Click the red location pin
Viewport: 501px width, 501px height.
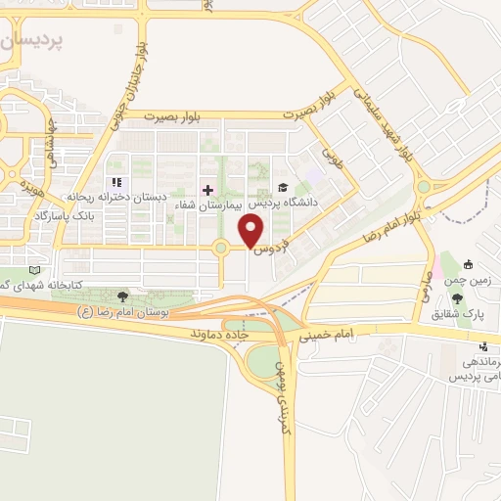click(x=251, y=232)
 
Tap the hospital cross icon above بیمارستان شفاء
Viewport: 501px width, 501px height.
click(x=207, y=189)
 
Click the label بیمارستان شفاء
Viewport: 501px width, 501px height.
click(x=207, y=205)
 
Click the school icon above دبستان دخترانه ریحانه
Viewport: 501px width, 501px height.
click(x=116, y=182)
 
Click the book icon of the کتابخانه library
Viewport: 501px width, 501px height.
click(x=35, y=270)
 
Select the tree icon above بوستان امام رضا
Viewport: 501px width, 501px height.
click(x=121, y=296)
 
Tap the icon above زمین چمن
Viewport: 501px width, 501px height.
click(x=468, y=263)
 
